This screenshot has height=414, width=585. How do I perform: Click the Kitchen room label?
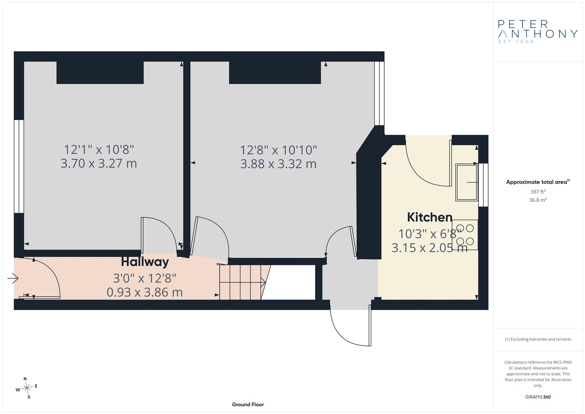[430, 217]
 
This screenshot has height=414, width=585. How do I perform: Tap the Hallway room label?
[145, 262]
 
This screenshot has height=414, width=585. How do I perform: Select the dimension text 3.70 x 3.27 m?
[99, 164]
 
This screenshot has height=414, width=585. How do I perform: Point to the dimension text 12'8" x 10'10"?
[278, 150]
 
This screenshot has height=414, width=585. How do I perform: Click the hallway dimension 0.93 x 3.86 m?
[145, 292]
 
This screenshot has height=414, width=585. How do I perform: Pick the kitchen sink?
[467, 182]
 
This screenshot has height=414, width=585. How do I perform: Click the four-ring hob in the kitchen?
[465, 235]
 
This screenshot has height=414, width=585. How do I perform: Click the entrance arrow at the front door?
[13, 278]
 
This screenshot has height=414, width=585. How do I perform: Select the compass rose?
[27, 388]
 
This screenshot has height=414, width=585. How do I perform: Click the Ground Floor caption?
[248, 404]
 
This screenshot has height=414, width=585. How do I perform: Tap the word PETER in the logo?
[523, 24]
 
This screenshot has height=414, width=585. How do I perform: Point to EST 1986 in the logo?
[516, 42]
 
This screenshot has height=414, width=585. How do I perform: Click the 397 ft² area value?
[538, 192]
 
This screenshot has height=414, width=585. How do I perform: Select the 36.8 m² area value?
[538, 200]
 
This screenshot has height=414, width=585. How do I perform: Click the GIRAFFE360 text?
[538, 397]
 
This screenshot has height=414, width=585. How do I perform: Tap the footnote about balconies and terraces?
[538, 339]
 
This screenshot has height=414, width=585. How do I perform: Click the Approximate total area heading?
[538, 182]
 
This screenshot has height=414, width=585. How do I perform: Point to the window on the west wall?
[19, 166]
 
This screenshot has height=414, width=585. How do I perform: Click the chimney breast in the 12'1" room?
[100, 73]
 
